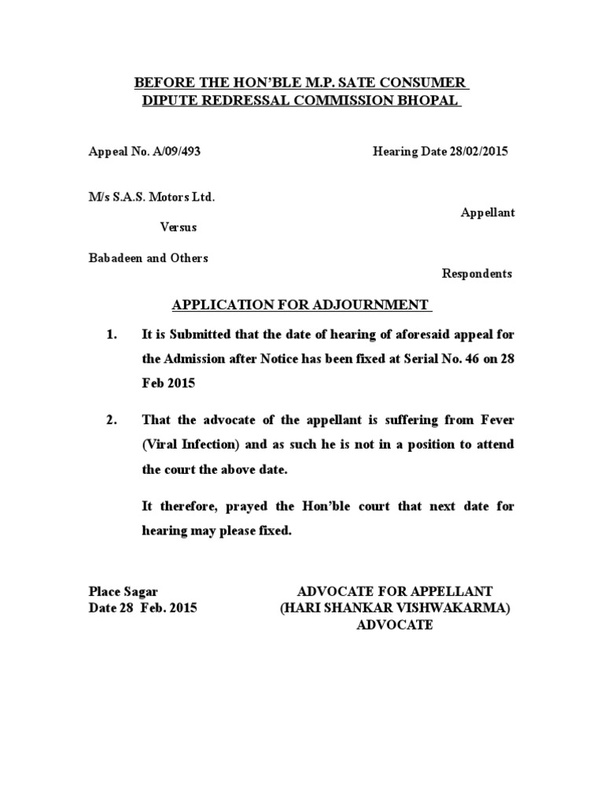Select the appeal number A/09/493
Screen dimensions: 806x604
click(174, 151)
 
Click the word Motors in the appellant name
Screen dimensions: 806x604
click(169, 197)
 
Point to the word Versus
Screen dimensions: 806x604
click(179, 227)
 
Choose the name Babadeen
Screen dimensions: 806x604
click(115, 258)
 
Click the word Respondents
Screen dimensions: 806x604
click(477, 273)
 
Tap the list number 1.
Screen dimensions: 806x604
click(111, 335)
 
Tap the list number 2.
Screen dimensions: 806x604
click(111, 420)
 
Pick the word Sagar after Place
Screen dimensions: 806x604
click(142, 591)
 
